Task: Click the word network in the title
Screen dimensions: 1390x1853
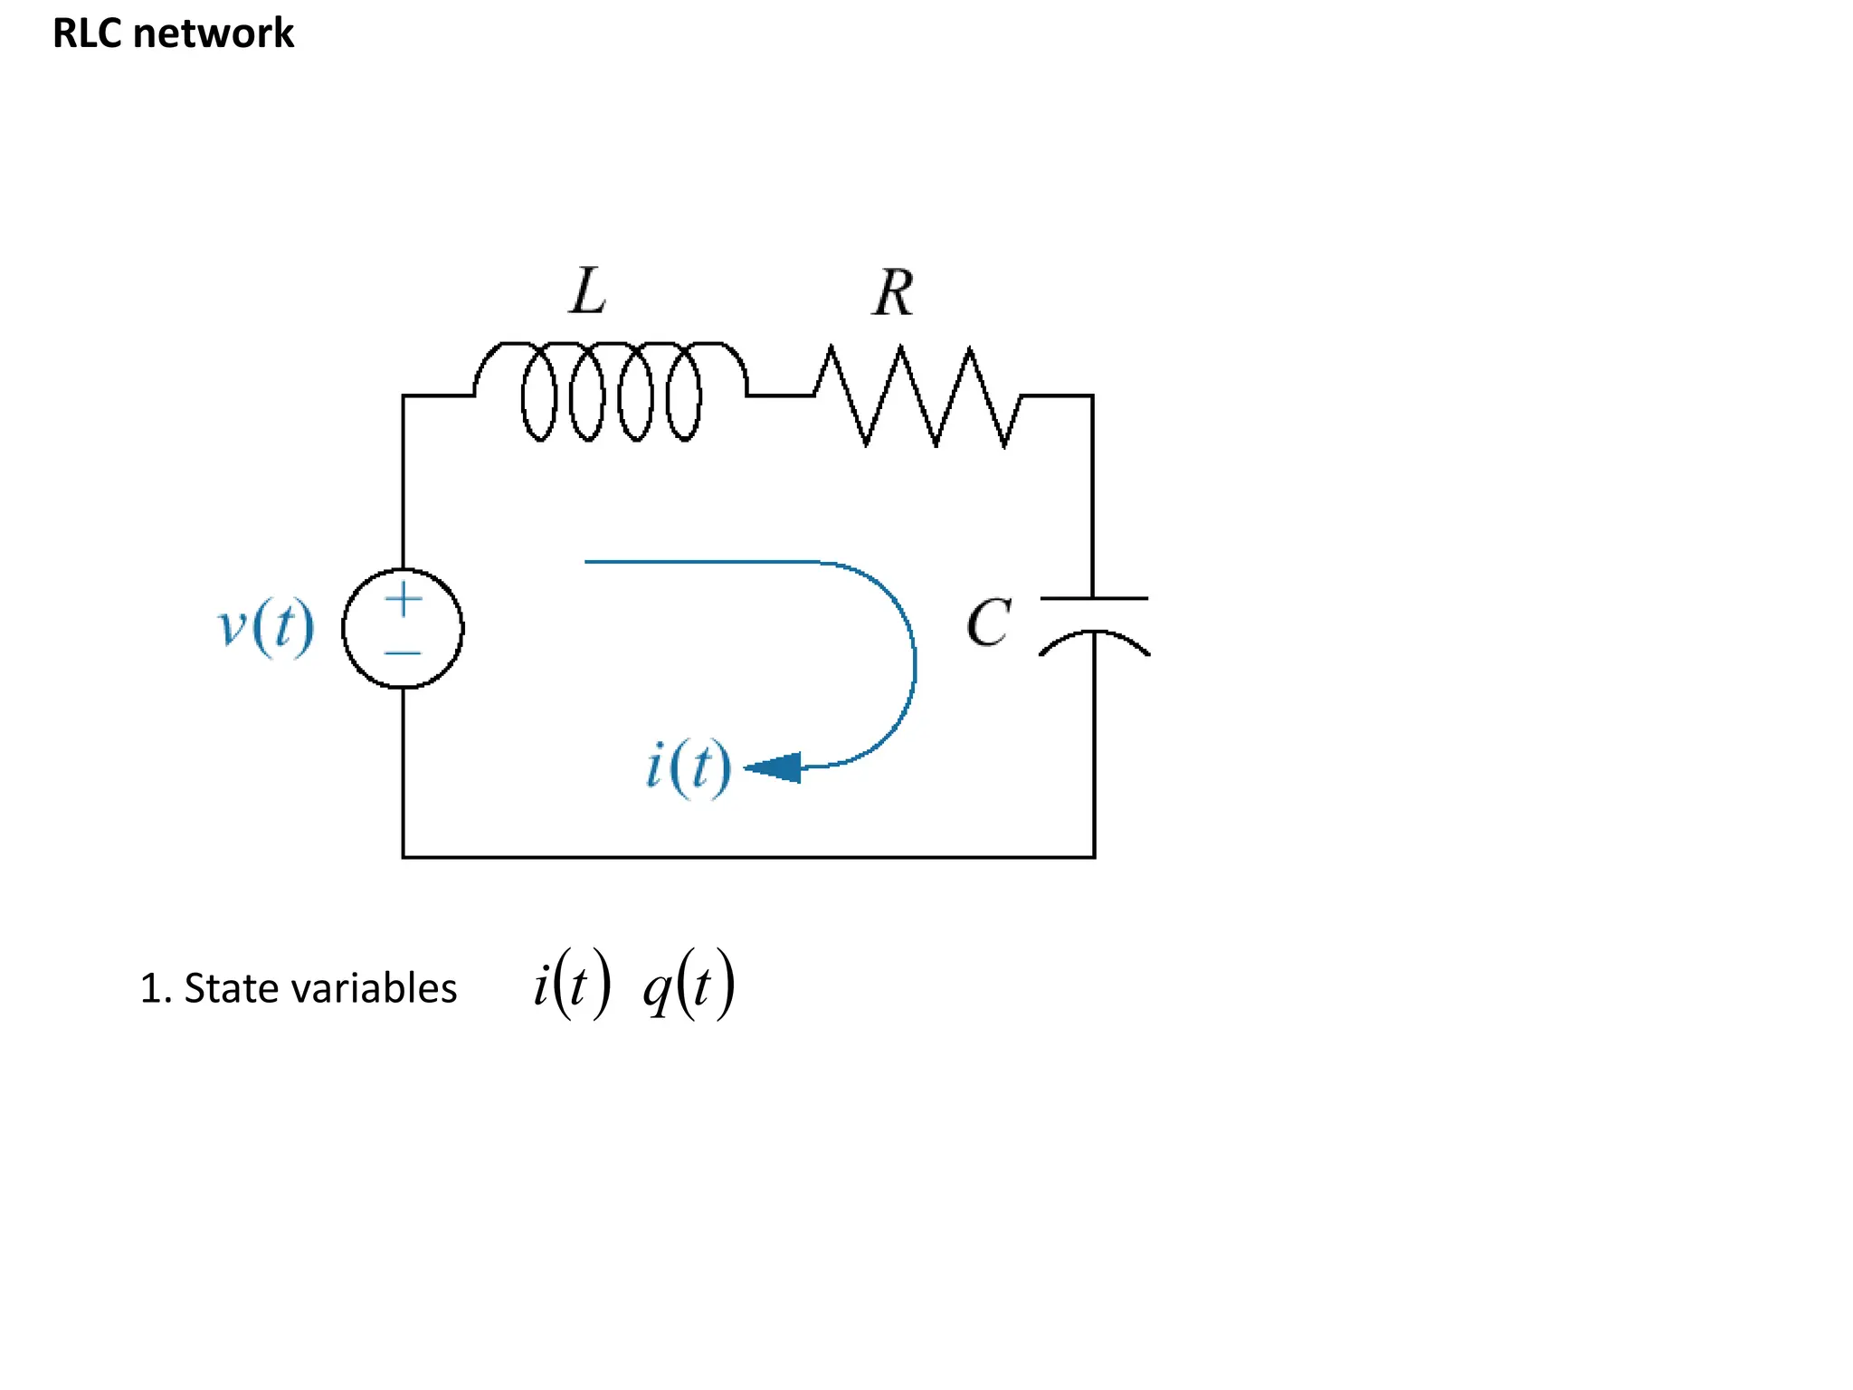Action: click(214, 33)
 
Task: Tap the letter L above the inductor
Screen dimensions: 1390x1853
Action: click(588, 291)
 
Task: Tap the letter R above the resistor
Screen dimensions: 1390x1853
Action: click(894, 293)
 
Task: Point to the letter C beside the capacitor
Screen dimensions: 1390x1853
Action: click(988, 623)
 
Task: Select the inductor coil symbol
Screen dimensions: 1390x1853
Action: click(611, 391)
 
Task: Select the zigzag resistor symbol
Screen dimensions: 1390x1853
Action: click(917, 396)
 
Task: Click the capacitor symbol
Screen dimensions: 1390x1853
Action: click(1094, 624)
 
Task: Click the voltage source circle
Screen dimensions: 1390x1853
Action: click(403, 628)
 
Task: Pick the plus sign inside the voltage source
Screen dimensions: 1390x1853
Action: click(404, 599)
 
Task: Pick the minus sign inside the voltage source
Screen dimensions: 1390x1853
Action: click(403, 652)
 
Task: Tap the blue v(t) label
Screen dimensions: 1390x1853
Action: click(266, 626)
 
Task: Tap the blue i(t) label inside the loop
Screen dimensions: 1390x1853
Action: click(689, 767)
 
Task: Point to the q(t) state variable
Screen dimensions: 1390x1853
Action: click(689, 985)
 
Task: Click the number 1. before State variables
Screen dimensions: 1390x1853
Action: click(155, 988)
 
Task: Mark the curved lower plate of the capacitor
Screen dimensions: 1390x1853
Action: click(1094, 639)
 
